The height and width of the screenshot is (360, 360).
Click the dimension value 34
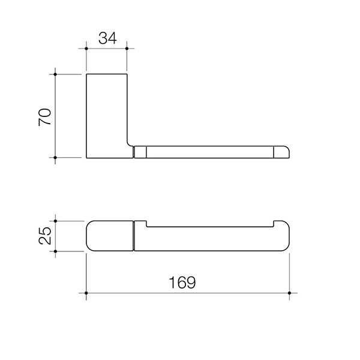click(107, 38)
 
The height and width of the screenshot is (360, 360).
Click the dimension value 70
click(45, 116)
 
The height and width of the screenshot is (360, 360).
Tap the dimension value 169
click(184, 282)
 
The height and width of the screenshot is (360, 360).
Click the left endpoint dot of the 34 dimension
click(87, 48)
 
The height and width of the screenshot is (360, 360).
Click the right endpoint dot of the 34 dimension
click(127, 48)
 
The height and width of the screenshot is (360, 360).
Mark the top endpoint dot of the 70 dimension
click(55, 74)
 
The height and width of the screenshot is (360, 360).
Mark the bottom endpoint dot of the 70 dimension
click(55, 158)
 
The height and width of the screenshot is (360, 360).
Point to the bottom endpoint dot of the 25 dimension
click(55, 251)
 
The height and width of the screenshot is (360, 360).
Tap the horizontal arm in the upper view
click(210, 152)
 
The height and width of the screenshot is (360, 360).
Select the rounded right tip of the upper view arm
click(283, 152)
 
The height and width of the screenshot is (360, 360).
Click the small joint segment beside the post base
click(139, 152)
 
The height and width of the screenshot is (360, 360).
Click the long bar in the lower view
click(210, 241)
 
